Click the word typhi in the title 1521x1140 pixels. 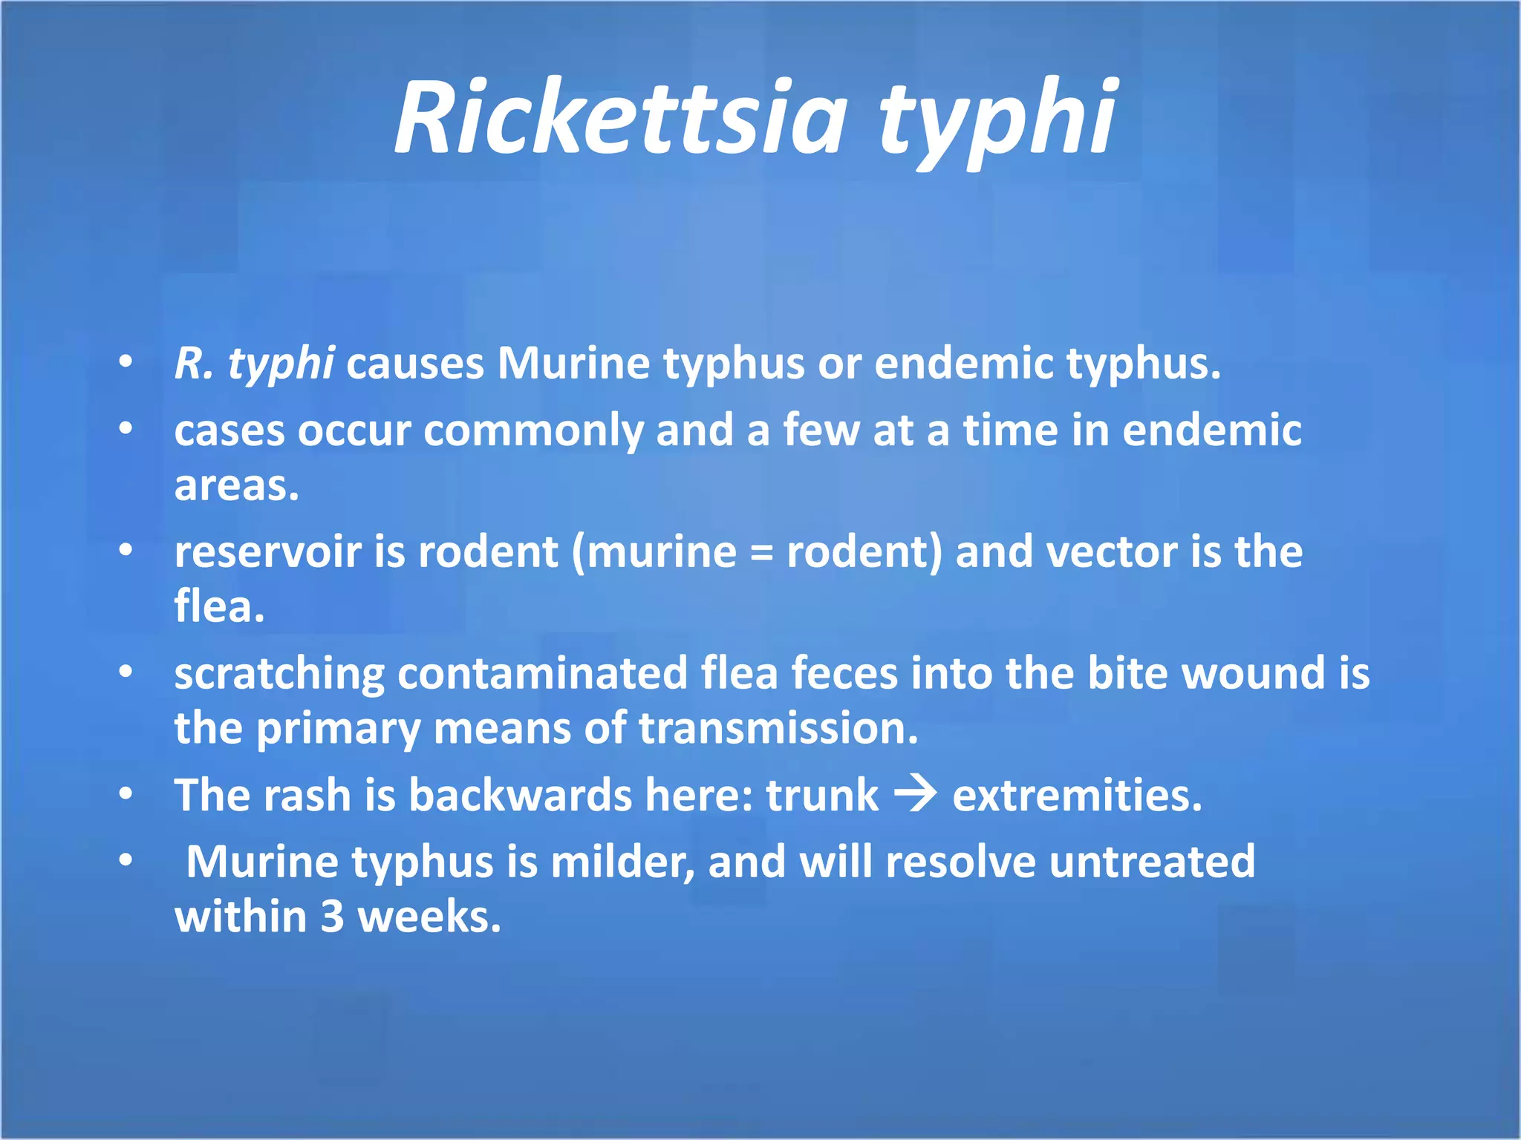[997, 122]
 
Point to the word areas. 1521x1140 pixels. [236, 486]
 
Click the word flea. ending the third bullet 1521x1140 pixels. [219, 606]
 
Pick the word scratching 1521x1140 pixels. [279, 674]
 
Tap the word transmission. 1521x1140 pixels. [778, 729]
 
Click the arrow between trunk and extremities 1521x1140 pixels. [915, 796]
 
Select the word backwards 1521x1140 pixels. [520, 796]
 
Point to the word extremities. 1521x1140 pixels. [1076, 796]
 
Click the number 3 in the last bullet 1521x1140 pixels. [332, 917]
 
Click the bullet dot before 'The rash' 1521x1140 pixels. [126, 794]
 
